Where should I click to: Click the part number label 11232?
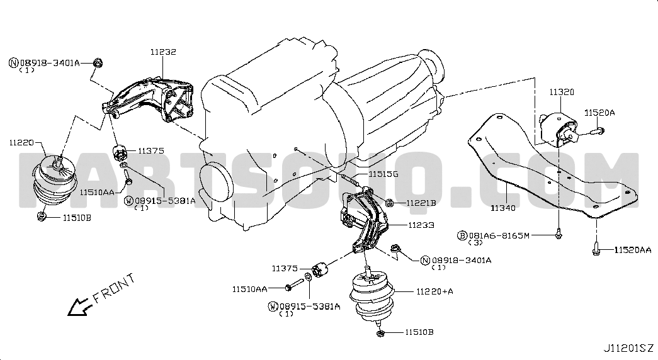(x=164, y=52)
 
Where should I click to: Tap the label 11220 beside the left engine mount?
(x=21, y=143)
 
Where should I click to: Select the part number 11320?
(x=562, y=92)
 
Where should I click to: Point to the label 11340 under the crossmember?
(x=503, y=208)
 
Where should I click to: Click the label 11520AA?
(x=633, y=250)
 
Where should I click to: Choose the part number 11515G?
(x=383, y=174)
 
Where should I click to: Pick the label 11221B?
(x=421, y=203)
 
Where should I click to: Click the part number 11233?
(x=421, y=225)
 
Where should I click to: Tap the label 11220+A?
(x=434, y=291)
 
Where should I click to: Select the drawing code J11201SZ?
(x=628, y=348)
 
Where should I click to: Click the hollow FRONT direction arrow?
(x=80, y=307)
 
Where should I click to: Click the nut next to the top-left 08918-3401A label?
(x=98, y=63)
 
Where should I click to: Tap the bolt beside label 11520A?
(x=597, y=132)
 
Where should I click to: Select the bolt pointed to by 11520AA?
(x=596, y=248)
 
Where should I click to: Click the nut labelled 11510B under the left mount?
(x=42, y=217)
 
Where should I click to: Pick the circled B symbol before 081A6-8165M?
(x=462, y=236)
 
